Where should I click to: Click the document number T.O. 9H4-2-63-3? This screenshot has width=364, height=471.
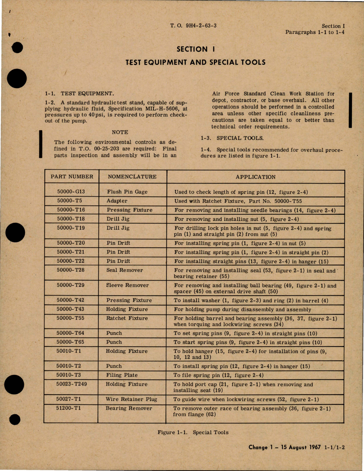coord(193,26)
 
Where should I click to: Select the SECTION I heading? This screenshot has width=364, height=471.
coord(196,49)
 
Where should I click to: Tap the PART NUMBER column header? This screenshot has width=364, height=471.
coord(72,177)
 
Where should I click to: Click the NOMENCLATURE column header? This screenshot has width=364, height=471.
coord(132,177)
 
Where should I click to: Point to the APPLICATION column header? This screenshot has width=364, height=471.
coord(256,177)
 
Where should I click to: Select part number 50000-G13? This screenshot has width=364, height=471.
coord(71,192)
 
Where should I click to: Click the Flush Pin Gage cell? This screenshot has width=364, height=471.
coord(127,192)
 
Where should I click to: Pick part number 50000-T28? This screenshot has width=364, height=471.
coord(71,270)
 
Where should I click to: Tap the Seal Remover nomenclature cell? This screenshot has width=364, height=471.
coord(125,270)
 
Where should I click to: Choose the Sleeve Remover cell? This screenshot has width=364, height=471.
coord(127,285)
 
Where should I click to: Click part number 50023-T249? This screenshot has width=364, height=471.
coord(71,384)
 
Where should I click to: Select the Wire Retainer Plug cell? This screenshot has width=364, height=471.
coord(131,399)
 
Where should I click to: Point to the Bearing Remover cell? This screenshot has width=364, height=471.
coord(129,408)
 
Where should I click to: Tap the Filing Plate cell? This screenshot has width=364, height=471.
coord(122,375)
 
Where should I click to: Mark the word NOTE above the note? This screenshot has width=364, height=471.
coord(120,132)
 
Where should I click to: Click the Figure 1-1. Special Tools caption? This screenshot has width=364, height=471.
coord(193,432)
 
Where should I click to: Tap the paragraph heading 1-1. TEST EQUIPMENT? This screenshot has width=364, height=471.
coord(79,94)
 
